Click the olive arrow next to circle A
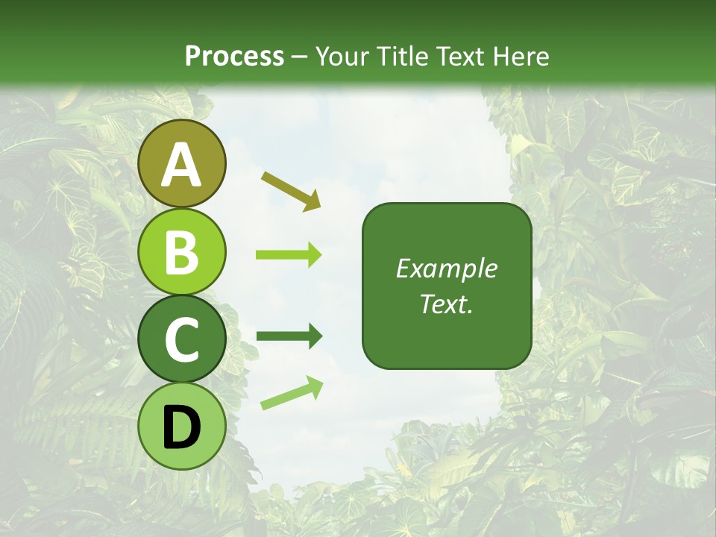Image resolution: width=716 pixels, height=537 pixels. pos(291,189)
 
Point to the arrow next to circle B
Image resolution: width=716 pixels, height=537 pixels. pos(289,255)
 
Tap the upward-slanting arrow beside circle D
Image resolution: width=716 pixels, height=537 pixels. pos(292,393)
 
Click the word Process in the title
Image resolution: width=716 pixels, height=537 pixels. pos(234,56)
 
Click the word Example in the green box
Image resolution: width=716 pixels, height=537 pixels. pos(447,268)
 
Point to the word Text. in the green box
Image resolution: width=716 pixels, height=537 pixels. pos(447,304)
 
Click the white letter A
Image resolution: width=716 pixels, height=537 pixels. pos(182,165)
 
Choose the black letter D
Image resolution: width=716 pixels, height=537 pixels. pos(182,428)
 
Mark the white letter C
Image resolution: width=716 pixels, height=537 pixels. pos(182,340)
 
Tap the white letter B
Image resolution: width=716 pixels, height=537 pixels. pos(182,252)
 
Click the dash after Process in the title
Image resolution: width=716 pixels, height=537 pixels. pos(300,57)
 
